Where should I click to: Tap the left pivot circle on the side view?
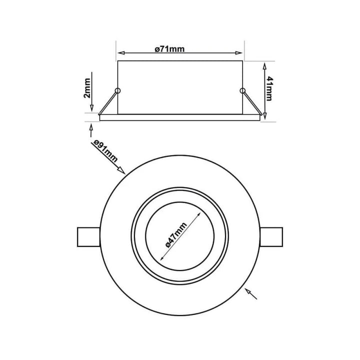coord(117,90)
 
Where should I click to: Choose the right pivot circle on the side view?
coord(242,90)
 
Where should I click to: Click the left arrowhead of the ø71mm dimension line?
coord(121,52)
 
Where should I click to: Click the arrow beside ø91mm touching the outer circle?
coord(121,171)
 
